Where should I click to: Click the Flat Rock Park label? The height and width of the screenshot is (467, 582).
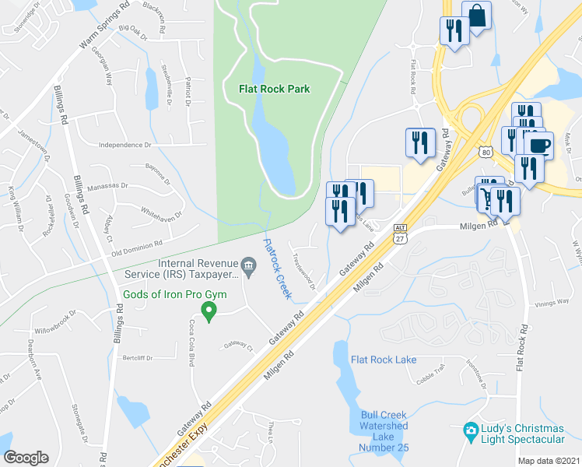pyautogui.click(x=274, y=89)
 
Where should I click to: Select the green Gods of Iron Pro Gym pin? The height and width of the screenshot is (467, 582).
pyautogui.click(x=208, y=312)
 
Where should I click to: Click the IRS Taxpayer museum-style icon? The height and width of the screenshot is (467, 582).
pyautogui.click(x=248, y=268)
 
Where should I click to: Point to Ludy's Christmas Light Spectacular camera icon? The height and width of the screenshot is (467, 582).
pyautogui.click(x=470, y=430)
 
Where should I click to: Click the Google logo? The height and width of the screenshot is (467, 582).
pyautogui.click(x=26, y=458)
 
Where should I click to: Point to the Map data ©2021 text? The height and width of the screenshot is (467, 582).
pyautogui.click(x=548, y=461)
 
